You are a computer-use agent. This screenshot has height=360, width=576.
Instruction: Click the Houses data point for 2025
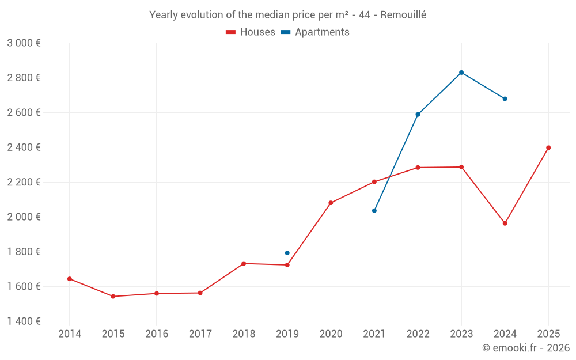pos(548,147)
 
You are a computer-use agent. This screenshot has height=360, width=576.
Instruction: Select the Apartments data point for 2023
pos(461,73)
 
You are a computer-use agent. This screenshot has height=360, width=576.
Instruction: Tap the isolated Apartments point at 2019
pos(287,253)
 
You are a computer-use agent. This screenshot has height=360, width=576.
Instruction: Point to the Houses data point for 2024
pos(505,223)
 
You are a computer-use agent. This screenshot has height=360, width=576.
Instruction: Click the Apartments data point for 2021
pos(374,211)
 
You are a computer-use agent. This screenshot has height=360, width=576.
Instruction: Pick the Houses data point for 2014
pos(70,279)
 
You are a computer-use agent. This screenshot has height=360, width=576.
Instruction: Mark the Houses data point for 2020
pos(331,203)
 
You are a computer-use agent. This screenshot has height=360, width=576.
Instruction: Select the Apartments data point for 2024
pos(505,98)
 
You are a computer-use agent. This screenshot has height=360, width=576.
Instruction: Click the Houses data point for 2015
pos(113,296)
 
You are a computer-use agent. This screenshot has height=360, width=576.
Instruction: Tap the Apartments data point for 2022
pos(418,114)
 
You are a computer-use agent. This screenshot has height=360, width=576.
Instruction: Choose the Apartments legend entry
pos(321,32)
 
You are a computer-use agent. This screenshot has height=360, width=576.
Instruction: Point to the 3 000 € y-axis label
pos(24,43)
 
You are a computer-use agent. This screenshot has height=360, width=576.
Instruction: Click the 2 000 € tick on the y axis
pos(24,217)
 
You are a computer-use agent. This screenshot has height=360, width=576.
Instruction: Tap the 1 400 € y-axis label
pos(24,321)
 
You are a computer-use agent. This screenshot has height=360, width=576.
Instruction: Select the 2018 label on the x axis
pos(244,334)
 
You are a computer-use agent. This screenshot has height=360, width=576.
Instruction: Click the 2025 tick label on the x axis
pos(548,334)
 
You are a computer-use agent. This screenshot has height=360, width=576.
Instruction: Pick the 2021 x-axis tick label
pos(374,334)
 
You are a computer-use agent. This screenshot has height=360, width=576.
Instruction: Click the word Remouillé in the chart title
pos(403,15)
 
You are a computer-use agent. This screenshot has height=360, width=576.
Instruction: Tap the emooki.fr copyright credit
pos(525,348)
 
